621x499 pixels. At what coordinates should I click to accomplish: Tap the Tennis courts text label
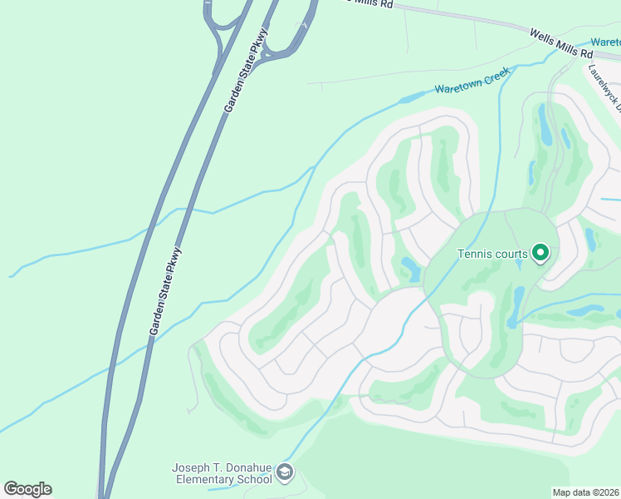click(493, 254)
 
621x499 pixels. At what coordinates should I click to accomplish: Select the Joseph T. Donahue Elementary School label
click(222, 473)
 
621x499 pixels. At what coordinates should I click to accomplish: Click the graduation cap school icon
click(285, 473)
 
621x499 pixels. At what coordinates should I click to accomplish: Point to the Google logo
click(27, 488)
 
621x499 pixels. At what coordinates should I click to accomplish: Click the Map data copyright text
click(586, 492)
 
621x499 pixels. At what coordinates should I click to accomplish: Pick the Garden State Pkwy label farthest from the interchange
click(165, 291)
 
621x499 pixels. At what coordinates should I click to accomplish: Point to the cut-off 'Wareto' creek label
click(605, 42)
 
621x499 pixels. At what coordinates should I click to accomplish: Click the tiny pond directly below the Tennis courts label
click(519, 265)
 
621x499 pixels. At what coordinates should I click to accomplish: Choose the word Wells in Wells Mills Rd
click(545, 32)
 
